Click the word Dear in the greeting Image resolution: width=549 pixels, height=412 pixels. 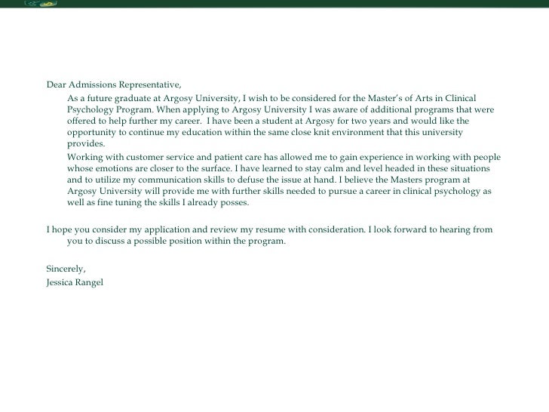(57, 84)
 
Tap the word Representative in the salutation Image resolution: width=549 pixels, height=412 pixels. (150, 84)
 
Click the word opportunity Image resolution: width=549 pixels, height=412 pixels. (92, 133)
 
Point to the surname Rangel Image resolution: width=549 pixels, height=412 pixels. (95, 281)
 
